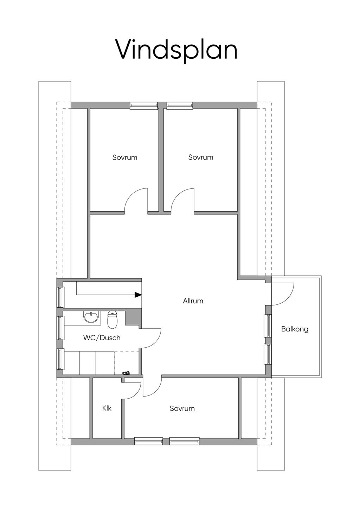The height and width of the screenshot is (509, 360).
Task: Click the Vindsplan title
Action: (x=177, y=51)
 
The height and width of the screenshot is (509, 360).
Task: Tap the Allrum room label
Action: (x=193, y=301)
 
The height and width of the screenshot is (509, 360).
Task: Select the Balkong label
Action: (x=295, y=329)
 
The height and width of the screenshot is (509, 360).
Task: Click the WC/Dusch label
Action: (x=102, y=338)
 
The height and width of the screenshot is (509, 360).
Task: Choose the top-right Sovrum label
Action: (x=201, y=157)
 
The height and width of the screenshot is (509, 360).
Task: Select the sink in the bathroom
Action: (x=91, y=316)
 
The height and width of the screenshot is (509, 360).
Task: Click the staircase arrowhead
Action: (x=138, y=295)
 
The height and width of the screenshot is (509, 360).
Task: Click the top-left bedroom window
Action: (x=144, y=106)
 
